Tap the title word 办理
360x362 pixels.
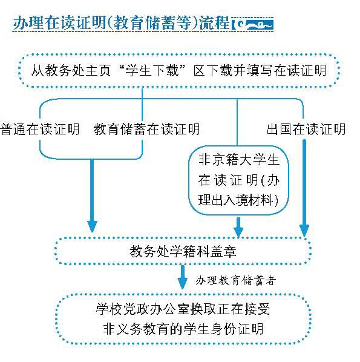point(28,23)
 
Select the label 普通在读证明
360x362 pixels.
point(40,129)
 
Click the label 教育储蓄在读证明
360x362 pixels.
point(146,129)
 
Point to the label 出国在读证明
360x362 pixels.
point(306,129)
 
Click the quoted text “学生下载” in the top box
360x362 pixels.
point(152,70)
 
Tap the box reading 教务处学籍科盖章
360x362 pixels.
point(183,251)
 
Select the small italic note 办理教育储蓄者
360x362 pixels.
point(235,281)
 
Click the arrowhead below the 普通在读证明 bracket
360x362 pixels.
point(92,226)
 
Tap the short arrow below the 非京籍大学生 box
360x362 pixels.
point(238,227)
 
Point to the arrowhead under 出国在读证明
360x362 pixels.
point(304,230)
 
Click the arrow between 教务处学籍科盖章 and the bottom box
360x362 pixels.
point(183,277)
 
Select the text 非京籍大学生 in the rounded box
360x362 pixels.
point(239,160)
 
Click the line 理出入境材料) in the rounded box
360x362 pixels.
point(238,200)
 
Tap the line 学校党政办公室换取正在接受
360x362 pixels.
point(183,309)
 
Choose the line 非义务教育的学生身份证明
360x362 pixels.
point(183,329)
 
